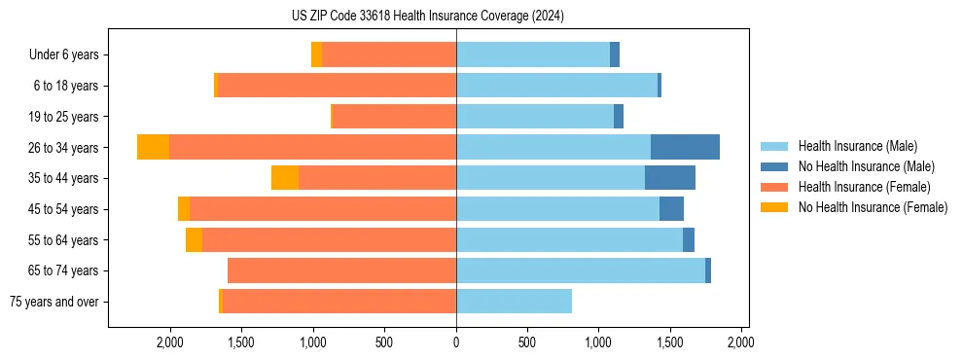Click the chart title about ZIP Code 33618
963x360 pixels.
(428, 16)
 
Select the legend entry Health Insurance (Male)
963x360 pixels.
(857, 146)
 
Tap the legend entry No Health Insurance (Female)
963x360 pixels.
(873, 207)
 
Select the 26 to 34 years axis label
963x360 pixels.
(65, 148)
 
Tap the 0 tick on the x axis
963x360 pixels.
(456, 343)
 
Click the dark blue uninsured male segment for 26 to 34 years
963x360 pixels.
(685, 147)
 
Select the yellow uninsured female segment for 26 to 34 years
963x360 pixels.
(153, 147)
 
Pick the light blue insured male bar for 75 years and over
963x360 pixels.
(514, 302)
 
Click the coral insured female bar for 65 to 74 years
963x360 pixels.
(341, 270)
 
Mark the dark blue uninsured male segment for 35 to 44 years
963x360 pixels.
(669, 178)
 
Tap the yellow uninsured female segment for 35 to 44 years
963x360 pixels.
(284, 178)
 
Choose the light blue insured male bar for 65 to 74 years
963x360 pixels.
(581, 270)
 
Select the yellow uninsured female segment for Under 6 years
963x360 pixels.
(316, 55)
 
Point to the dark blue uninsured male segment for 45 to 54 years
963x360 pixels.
(671, 209)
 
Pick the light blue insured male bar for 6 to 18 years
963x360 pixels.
(556, 86)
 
